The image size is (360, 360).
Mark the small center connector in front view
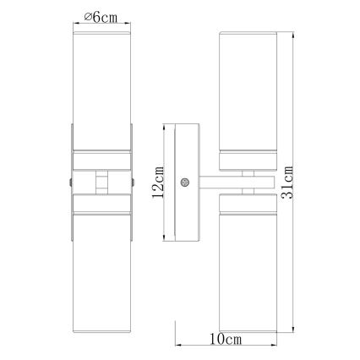coord(101,181)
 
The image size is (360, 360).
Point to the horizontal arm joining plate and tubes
coord(237,181)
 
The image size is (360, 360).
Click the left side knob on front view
coord(68,181)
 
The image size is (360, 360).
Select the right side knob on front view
coord(134,181)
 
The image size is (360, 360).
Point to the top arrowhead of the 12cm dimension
coord(164,128)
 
